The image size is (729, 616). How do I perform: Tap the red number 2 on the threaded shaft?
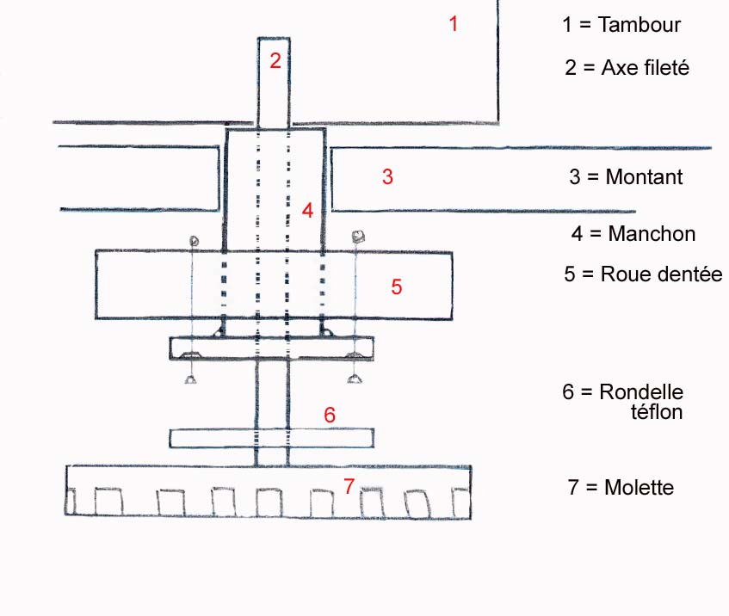pos(275,60)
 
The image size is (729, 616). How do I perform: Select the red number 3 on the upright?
pos(387,177)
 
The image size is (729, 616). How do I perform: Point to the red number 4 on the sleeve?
pos(307,209)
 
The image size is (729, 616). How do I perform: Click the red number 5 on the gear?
pos(396,286)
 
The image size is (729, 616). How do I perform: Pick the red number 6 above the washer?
pos(329,414)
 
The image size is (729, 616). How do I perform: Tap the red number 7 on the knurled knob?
pos(349,487)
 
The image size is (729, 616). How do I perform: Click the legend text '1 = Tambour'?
pos(621,25)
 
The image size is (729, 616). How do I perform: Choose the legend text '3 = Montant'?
pos(626,177)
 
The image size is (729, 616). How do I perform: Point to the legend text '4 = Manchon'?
pos(633,233)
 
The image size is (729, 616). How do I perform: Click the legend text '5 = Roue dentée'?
pos(642,274)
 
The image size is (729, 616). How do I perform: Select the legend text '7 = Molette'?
pos(621,488)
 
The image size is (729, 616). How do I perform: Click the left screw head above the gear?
pos(195,241)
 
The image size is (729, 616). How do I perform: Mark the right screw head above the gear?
pos(356,236)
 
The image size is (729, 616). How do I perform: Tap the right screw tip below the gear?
pos(351,379)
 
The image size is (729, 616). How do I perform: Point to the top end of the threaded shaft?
pos(275,40)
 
